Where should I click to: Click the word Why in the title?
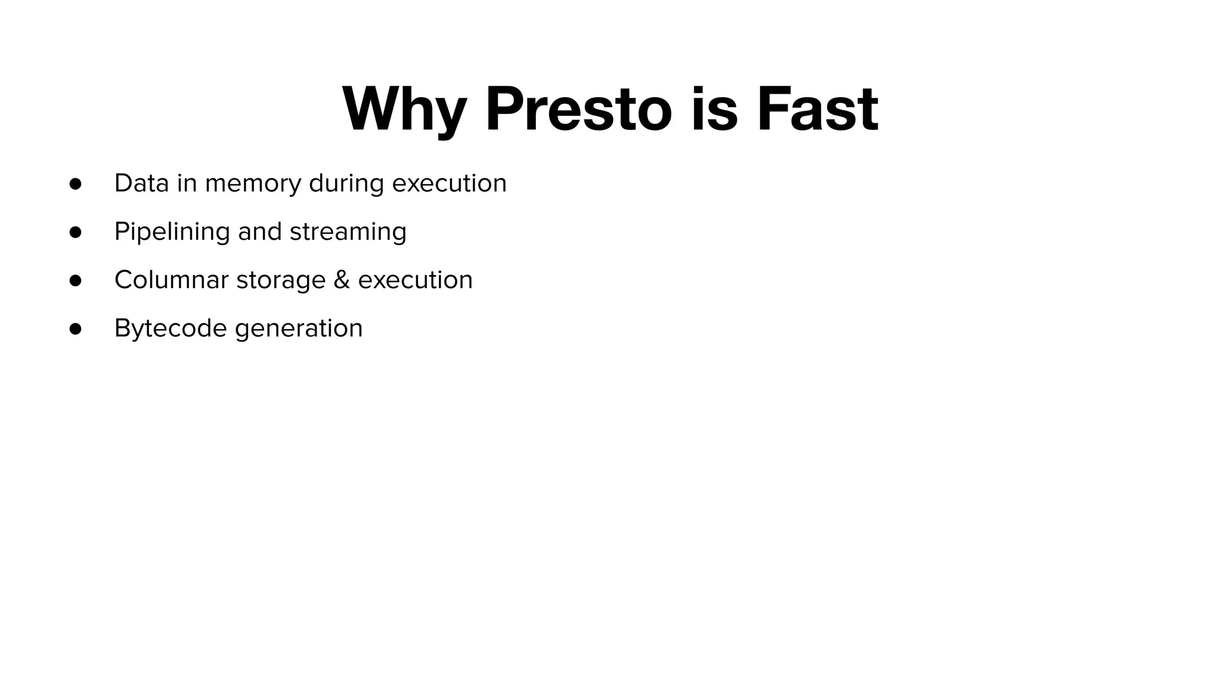click(x=404, y=109)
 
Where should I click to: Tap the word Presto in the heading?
click(x=578, y=109)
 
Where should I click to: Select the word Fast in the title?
click(x=817, y=109)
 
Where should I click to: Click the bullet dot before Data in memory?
click(x=75, y=183)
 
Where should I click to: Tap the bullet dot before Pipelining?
click(x=75, y=231)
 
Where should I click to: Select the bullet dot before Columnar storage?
click(x=75, y=280)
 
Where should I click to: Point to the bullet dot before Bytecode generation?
click(x=75, y=329)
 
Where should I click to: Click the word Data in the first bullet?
click(x=141, y=183)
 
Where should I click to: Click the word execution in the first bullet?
click(x=449, y=183)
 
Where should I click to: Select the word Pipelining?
click(x=172, y=232)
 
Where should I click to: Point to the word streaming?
click(x=348, y=232)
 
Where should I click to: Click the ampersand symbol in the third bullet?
click(x=342, y=280)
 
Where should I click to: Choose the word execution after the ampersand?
click(x=415, y=280)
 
